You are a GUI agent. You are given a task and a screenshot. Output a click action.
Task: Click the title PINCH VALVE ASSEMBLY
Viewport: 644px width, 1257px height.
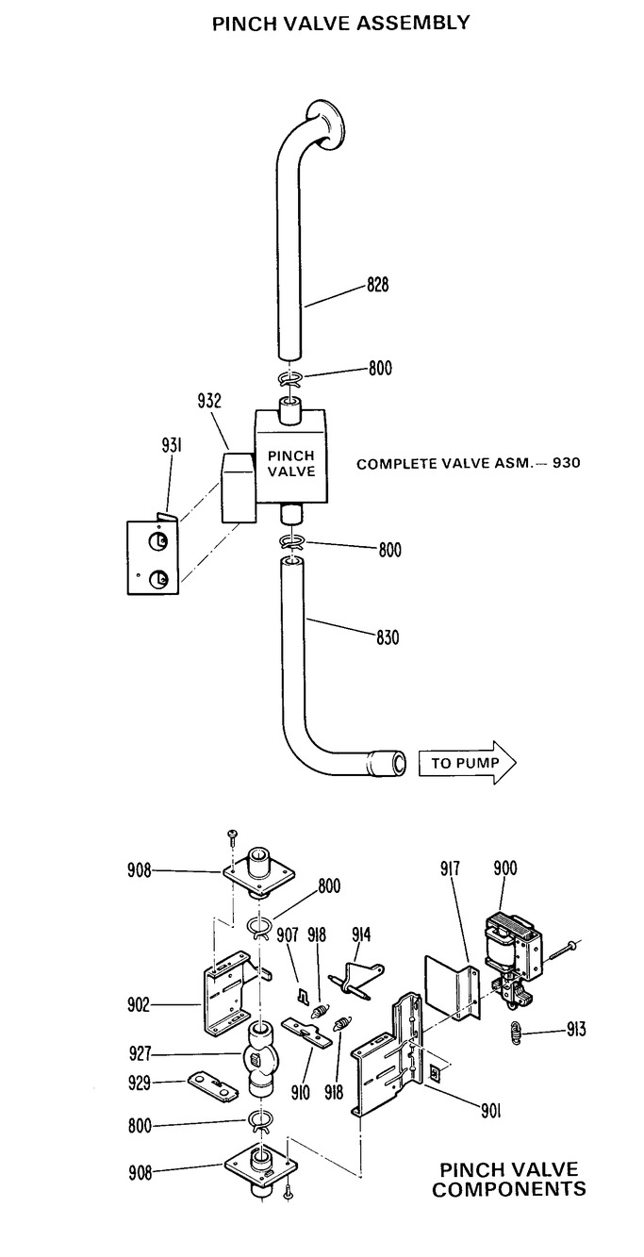coord(340,24)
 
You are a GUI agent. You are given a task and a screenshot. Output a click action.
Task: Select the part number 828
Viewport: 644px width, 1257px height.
coord(377,285)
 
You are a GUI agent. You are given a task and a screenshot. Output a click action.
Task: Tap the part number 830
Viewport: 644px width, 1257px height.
coord(387,638)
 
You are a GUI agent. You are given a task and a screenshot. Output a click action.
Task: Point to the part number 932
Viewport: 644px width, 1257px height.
coord(210,402)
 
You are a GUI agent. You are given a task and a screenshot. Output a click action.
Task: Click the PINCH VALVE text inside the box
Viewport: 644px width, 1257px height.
coord(292,462)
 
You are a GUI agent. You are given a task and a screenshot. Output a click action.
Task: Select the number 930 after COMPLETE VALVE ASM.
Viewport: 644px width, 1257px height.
coord(569,463)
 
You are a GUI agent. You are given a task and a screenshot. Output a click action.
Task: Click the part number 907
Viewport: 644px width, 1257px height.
coord(289,935)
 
